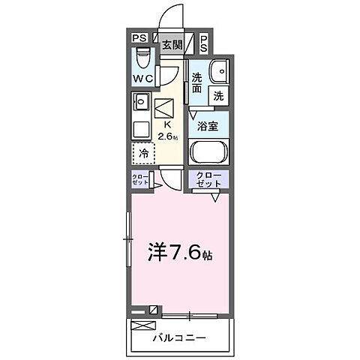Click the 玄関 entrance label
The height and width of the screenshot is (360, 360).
point(172,44)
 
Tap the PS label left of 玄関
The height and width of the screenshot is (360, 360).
point(139,37)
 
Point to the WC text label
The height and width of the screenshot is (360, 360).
point(143,79)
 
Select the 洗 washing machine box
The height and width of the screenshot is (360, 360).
point(218,95)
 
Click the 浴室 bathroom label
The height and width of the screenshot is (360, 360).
point(208,126)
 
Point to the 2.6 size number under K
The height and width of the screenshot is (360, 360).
point(168,136)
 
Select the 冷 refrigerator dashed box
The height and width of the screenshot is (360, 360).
point(144,153)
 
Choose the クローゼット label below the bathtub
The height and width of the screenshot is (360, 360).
point(209,180)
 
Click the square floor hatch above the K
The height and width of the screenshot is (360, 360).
point(165,106)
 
